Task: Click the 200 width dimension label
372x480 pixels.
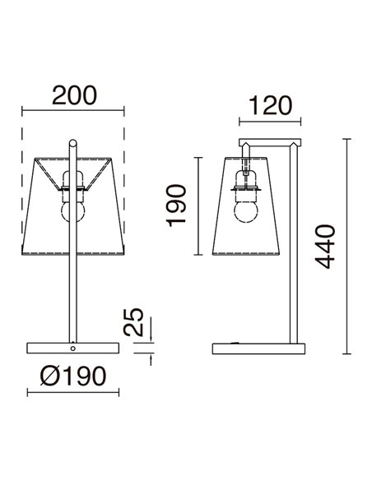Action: coord(74,95)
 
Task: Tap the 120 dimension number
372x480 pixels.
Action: coord(270,106)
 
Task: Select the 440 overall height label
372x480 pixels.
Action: coord(325,247)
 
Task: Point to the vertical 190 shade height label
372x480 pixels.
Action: coord(177,205)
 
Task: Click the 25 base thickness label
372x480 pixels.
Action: coord(133,322)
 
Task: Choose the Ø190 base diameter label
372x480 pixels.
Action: coord(73,376)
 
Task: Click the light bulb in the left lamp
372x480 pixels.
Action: coord(73,211)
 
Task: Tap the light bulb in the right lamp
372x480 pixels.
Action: coord(246,211)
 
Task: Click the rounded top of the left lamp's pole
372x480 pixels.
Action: coord(73,143)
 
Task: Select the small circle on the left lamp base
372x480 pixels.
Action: coord(73,348)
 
